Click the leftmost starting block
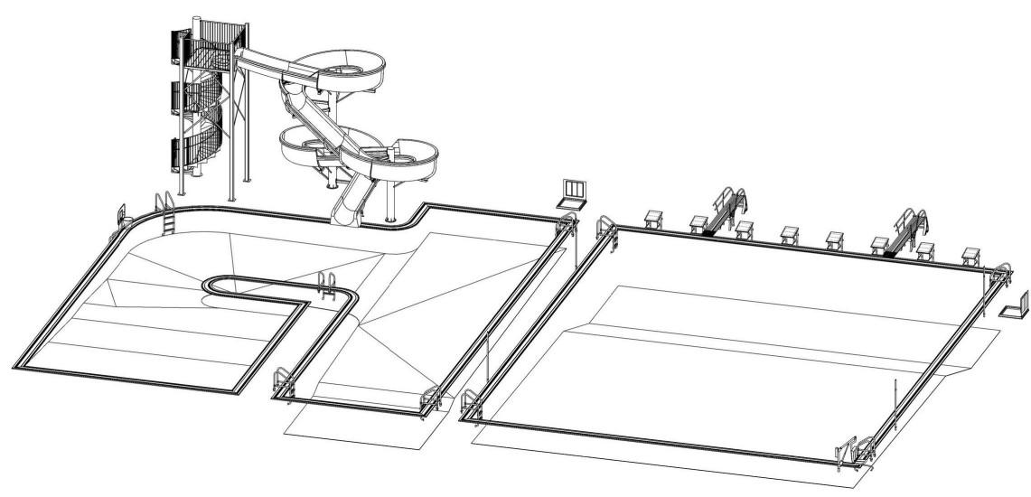pyautogui.click(x=653, y=217)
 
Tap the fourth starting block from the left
pyautogui.click(x=789, y=234)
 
